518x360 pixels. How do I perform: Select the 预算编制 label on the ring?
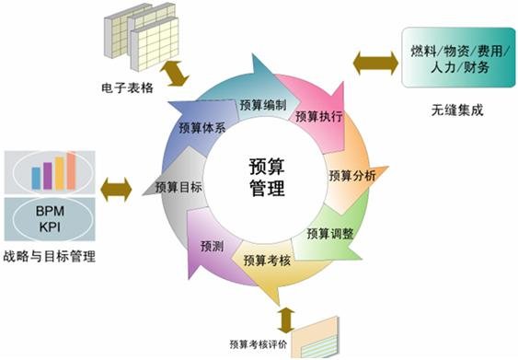coord(261,104)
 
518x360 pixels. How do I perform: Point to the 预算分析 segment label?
coord(351,174)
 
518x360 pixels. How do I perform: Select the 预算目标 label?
coord(178,187)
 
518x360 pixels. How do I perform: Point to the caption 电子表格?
coord(126,90)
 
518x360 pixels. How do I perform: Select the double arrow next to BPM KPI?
coord(116,191)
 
